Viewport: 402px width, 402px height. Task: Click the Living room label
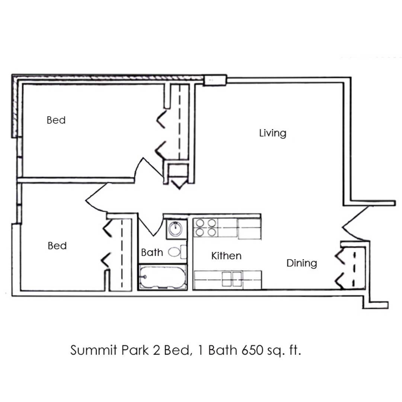272,133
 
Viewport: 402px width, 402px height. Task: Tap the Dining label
302,263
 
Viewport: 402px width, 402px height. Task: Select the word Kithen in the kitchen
226,256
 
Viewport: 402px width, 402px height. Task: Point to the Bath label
152,252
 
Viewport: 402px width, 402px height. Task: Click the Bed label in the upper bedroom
56,120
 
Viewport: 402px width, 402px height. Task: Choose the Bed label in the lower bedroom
57,246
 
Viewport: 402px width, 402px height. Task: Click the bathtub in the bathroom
163,277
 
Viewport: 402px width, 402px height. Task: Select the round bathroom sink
176,228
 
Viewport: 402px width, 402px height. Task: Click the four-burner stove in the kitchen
205,227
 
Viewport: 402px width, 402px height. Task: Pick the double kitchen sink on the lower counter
232,279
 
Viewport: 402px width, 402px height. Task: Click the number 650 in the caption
252,350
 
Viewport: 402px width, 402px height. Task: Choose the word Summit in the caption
94,350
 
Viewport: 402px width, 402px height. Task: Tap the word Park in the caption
135,350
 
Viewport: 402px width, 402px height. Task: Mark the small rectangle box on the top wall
215,80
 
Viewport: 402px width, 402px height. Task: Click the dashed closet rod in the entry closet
355,269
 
